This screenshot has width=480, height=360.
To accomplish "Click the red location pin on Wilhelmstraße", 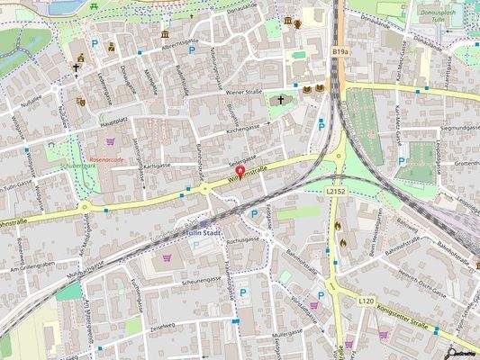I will click(240, 171).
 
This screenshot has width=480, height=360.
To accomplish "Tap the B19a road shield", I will click(340, 53).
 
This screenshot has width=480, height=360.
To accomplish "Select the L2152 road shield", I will click(336, 192).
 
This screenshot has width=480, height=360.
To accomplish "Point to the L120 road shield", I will click(365, 300).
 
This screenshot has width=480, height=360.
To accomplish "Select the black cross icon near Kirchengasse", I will click(280, 100).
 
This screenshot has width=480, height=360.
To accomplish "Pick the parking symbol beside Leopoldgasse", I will click(402, 162).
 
